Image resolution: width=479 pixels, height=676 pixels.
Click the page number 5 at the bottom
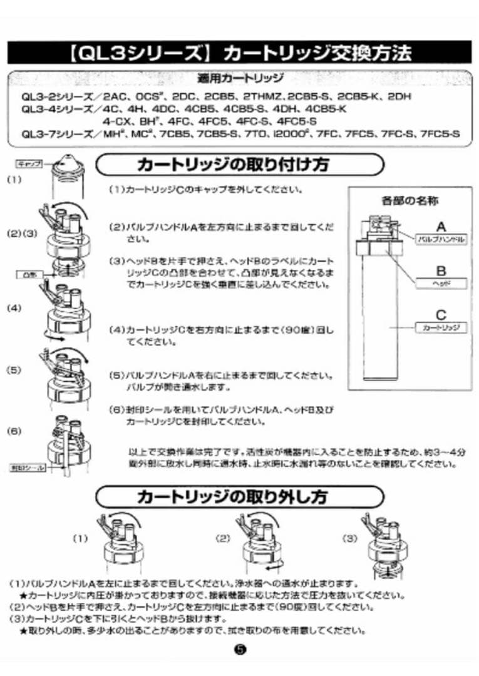click(x=240, y=648)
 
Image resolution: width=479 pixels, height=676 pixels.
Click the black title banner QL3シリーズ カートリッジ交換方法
click(x=239, y=52)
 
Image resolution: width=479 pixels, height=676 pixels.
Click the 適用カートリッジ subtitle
click(x=240, y=79)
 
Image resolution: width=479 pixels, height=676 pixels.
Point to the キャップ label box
click(x=28, y=164)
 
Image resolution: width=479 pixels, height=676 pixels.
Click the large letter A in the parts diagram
click(x=441, y=227)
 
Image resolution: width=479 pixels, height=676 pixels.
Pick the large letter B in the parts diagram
click(x=441, y=271)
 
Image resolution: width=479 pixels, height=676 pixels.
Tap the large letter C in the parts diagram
click(x=441, y=315)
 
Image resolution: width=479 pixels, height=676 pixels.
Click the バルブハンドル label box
click(x=441, y=240)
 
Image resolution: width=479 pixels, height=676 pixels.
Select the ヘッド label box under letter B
click(x=441, y=284)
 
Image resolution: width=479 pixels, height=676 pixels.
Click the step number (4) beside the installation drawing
click(x=14, y=307)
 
